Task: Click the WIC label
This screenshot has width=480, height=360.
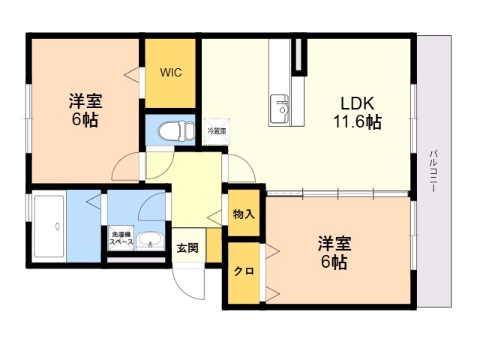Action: pos(171,73)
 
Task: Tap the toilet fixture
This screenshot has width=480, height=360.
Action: pos(177,131)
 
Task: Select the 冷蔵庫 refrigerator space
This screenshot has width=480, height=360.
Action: pos(217,132)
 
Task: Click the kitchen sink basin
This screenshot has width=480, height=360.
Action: pos(279,108)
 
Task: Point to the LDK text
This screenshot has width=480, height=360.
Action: pos(357,103)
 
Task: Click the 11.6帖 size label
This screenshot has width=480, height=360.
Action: pos(357,121)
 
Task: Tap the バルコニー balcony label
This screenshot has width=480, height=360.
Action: pos(433,171)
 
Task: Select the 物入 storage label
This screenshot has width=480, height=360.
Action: pos(244,214)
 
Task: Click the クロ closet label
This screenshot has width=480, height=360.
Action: pos(244,271)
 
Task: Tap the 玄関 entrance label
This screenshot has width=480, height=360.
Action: pos(187,247)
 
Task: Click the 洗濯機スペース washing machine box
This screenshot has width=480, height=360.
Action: pos(121,238)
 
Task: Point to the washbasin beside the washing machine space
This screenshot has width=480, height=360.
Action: pos(150,241)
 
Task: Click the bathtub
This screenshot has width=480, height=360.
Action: pos(49,226)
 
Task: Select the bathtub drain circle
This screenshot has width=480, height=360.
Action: pos(57,226)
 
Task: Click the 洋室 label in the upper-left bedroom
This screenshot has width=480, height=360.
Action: pos(85,100)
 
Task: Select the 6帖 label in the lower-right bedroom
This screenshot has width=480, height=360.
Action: pos(334,262)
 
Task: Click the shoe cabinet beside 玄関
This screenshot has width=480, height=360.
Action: pos(214,245)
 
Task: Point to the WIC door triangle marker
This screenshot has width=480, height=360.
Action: pos(132,74)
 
